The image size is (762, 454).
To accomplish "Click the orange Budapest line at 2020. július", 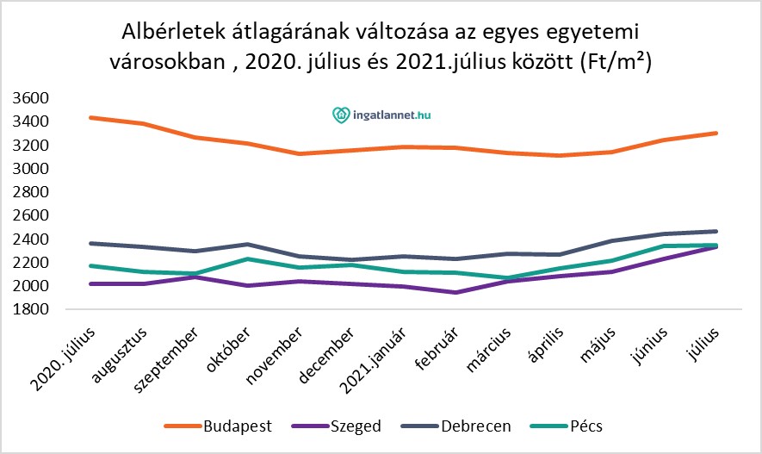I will coord(91,117).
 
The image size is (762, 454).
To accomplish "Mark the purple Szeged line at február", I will coord(455,292).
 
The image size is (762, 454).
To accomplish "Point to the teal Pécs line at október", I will coord(248,258).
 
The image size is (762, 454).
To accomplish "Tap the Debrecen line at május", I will coord(612,241).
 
